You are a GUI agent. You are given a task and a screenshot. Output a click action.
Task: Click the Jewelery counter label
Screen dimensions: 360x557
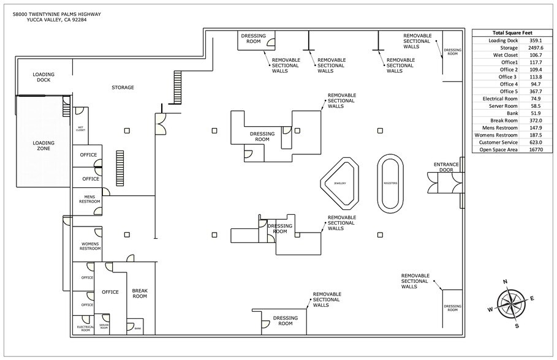(340, 184)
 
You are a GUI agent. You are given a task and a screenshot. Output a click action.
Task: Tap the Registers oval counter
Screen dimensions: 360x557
(391, 184)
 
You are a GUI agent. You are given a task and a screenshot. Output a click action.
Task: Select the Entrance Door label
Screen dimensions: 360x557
(446, 167)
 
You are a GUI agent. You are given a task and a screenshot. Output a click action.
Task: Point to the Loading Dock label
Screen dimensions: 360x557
(44, 77)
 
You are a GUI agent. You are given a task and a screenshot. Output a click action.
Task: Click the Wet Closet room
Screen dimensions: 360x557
(80, 129)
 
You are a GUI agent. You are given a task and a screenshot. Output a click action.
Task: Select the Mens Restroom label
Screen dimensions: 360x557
(87, 199)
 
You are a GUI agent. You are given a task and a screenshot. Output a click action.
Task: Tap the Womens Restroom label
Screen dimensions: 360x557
(86, 246)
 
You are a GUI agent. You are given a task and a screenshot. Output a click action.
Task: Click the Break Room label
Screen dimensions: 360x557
(140, 293)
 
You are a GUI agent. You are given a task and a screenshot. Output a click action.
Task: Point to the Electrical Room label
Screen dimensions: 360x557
(85, 329)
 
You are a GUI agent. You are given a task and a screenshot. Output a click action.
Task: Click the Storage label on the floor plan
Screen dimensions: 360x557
(123, 88)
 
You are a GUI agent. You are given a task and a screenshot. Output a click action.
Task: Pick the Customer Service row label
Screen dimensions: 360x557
(499, 142)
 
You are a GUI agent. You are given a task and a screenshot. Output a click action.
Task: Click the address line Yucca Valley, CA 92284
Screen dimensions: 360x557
(56, 20)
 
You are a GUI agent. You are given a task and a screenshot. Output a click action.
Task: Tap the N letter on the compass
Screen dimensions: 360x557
(505, 282)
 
